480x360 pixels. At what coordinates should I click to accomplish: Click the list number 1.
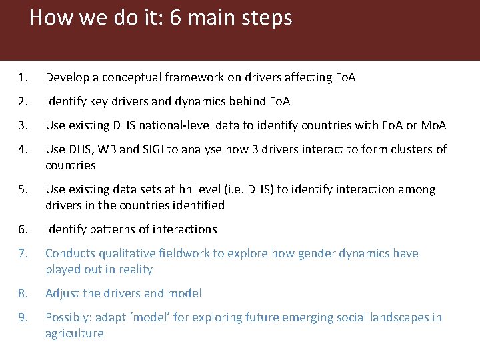pyautogui.click(x=22, y=78)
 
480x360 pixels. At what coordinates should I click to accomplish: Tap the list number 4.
pyautogui.click(x=22, y=149)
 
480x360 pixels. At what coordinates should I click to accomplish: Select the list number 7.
pyautogui.click(x=22, y=253)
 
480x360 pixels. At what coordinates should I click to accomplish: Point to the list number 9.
pyautogui.click(x=22, y=317)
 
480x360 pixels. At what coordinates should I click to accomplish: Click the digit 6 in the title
pyautogui.click(x=176, y=17)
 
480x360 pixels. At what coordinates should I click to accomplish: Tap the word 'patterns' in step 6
pyautogui.click(x=115, y=229)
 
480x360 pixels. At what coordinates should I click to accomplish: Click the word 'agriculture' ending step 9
pyautogui.click(x=74, y=333)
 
